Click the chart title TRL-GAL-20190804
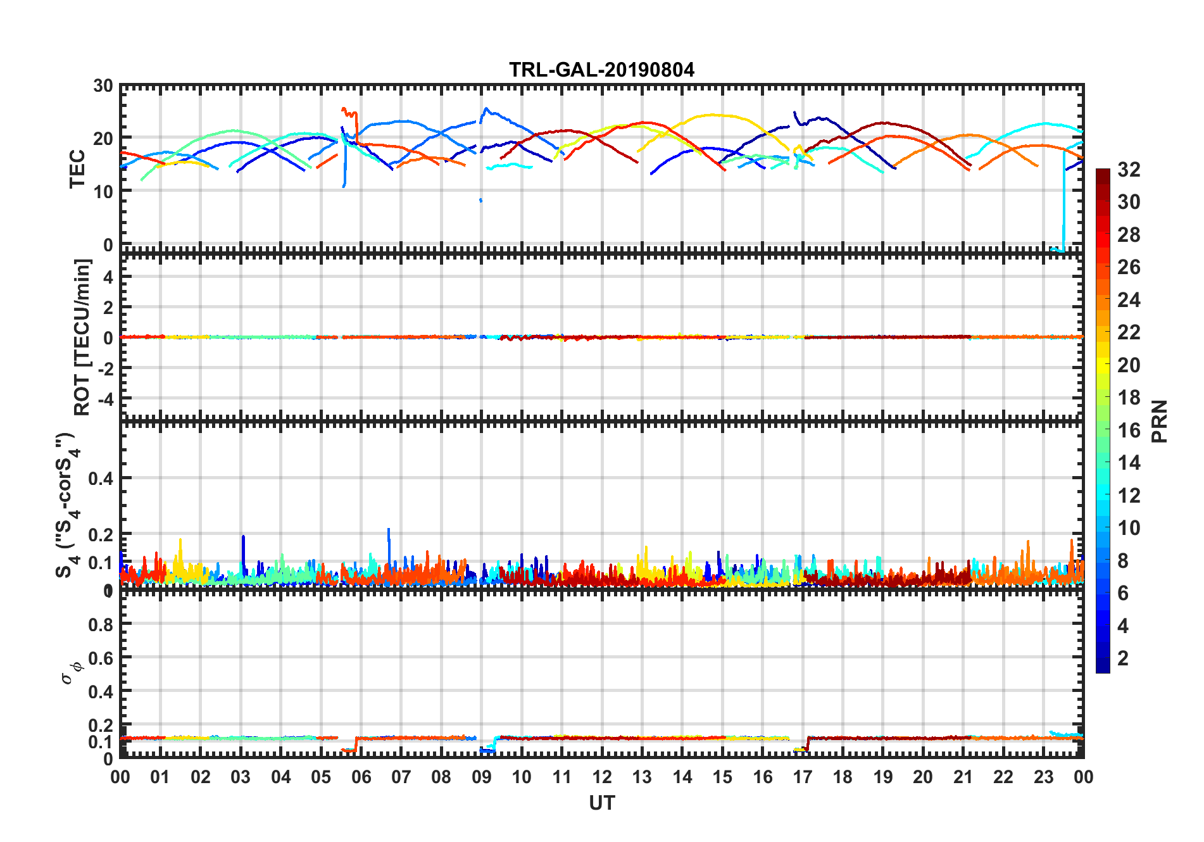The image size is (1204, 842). click(601, 69)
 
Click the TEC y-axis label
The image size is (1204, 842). click(77, 168)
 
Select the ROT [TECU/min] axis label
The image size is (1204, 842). click(82, 337)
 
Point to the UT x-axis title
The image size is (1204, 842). click(601, 803)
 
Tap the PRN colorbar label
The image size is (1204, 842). click(1159, 421)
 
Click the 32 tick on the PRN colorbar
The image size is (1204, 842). click(1129, 170)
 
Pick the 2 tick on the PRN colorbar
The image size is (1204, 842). click(1123, 658)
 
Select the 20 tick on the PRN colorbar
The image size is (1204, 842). click(1129, 365)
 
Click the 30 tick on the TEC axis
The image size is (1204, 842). click(103, 86)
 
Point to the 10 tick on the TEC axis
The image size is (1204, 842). click(103, 191)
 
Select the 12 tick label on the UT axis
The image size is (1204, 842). click(601, 777)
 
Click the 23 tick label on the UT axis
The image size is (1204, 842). click(1043, 777)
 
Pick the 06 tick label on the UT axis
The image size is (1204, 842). click(361, 777)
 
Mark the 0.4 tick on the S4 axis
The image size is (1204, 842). click(101, 479)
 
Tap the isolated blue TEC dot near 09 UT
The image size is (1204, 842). click(480, 200)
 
